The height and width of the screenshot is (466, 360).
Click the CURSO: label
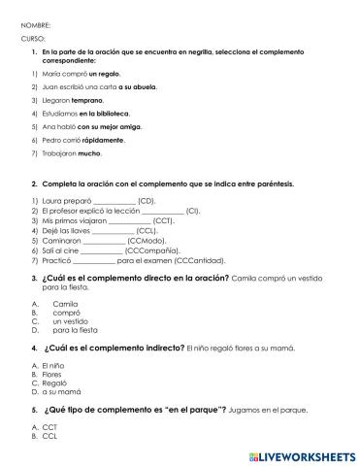tap(32, 37)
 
